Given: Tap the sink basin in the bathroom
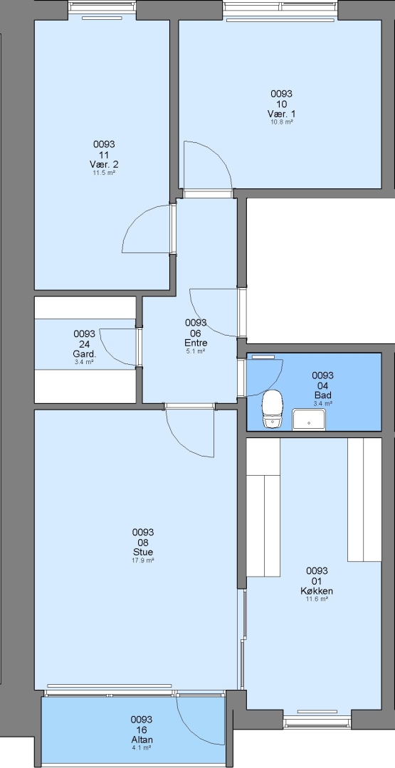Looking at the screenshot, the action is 309,420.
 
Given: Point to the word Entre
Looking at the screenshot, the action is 196,343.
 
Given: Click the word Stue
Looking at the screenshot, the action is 143,553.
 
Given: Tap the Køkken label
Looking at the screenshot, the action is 317,591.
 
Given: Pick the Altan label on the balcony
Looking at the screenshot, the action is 141,740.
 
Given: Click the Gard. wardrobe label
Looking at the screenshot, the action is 84,353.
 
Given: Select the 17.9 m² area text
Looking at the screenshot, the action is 143,560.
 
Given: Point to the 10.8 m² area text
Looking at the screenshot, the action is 282,122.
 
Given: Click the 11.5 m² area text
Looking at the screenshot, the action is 105,173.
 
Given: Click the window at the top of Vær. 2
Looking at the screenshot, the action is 102,7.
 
